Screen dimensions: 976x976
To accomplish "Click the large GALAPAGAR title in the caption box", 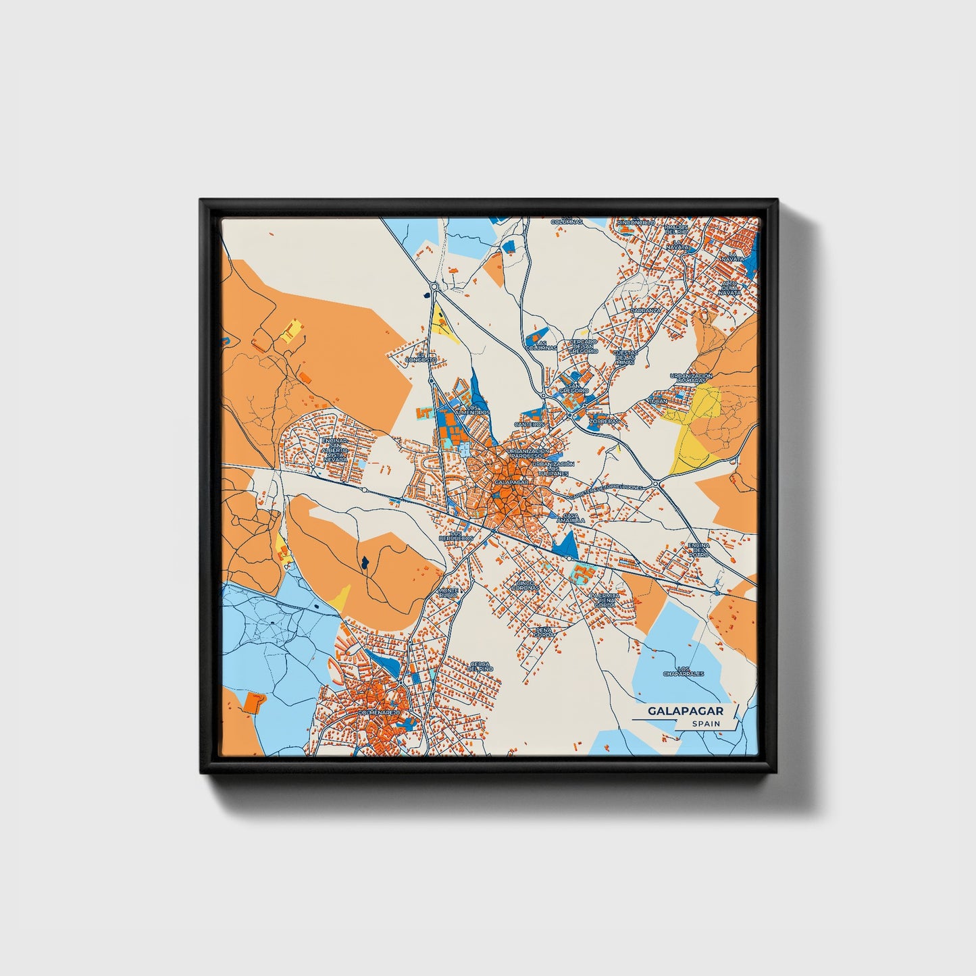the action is coord(686,711).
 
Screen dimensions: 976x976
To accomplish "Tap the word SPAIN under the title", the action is coord(705,724).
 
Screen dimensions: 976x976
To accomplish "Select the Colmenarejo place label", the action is coord(381,712).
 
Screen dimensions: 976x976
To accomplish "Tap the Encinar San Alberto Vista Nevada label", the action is coord(334,449).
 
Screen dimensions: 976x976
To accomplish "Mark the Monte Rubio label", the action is coord(448,592).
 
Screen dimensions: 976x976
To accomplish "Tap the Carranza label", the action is coord(644,310).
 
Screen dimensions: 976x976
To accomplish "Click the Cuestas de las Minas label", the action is coord(625,357).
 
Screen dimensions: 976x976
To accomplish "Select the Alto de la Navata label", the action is coord(729,288).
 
